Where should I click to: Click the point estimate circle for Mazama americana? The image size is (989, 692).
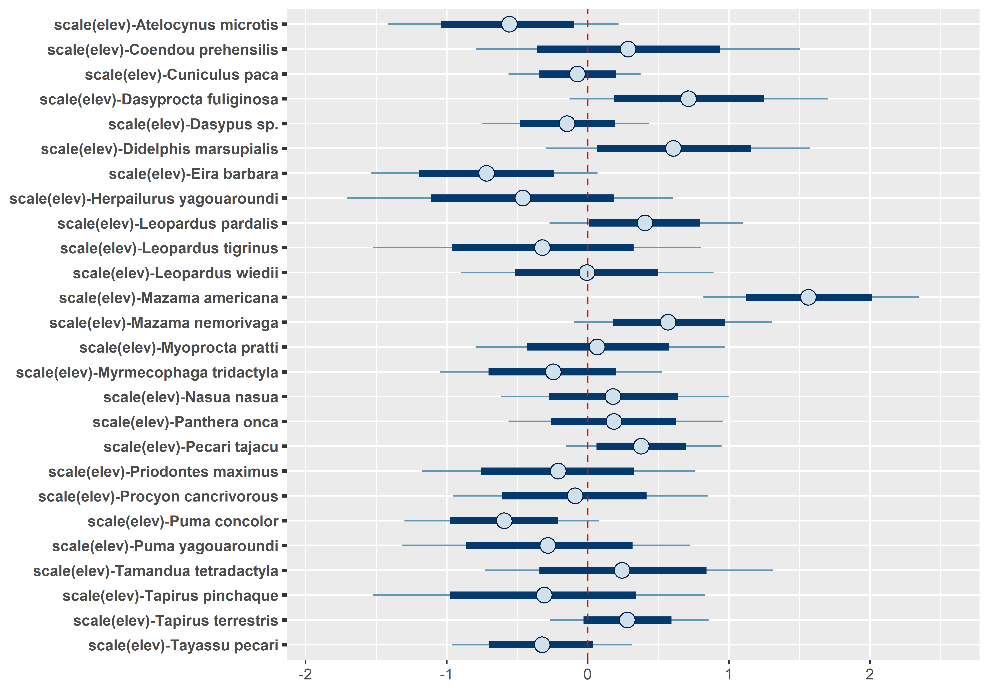[808, 297]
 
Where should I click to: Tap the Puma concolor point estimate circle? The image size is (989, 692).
[504, 521]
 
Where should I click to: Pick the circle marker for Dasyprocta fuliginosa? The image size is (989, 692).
[688, 99]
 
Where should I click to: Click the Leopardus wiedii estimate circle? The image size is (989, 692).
[587, 273]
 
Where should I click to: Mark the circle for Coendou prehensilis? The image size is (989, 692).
[628, 49]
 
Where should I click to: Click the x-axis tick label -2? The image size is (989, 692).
[305, 674]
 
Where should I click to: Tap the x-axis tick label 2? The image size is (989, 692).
[870, 674]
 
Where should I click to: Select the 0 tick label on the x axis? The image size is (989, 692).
[588, 674]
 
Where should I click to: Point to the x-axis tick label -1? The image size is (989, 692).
[446, 674]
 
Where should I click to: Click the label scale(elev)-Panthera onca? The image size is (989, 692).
[185, 422]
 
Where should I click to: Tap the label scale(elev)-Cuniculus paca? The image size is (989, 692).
[181, 75]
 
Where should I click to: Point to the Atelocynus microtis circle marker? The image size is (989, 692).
[509, 24]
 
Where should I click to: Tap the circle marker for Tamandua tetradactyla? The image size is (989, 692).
[622, 570]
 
